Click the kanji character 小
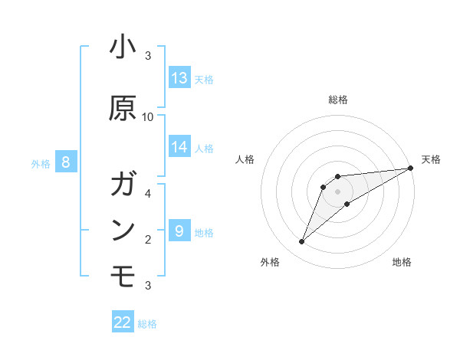tap(123, 48)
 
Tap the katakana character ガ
tap(123, 185)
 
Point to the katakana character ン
tap(123, 231)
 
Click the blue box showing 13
tap(179, 78)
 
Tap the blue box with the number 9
tap(179, 231)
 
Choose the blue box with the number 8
tap(66, 162)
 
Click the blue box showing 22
tap(123, 322)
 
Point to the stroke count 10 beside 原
tap(148, 116)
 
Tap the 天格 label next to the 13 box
tap(203, 79)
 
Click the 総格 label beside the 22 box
tap(147, 324)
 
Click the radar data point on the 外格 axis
tap(301, 242)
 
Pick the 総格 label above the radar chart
tap(337, 100)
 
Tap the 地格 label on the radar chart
tap(402, 262)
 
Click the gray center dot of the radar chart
tap(337, 191)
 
